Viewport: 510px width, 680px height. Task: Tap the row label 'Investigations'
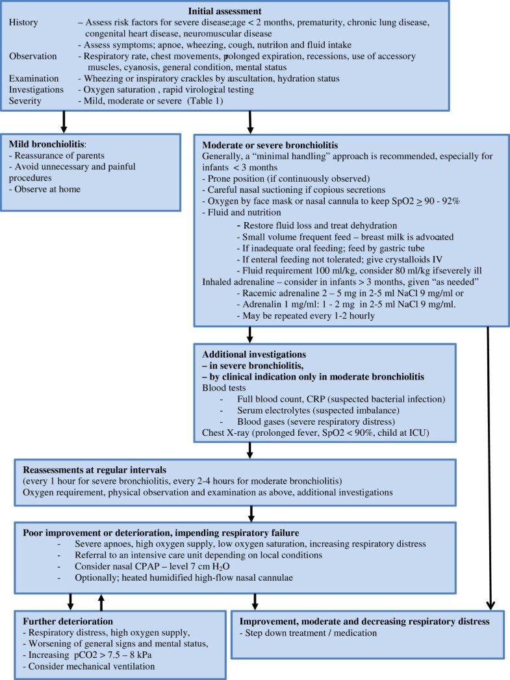[36, 90]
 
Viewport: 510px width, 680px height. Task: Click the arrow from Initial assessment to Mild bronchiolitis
[64, 121]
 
